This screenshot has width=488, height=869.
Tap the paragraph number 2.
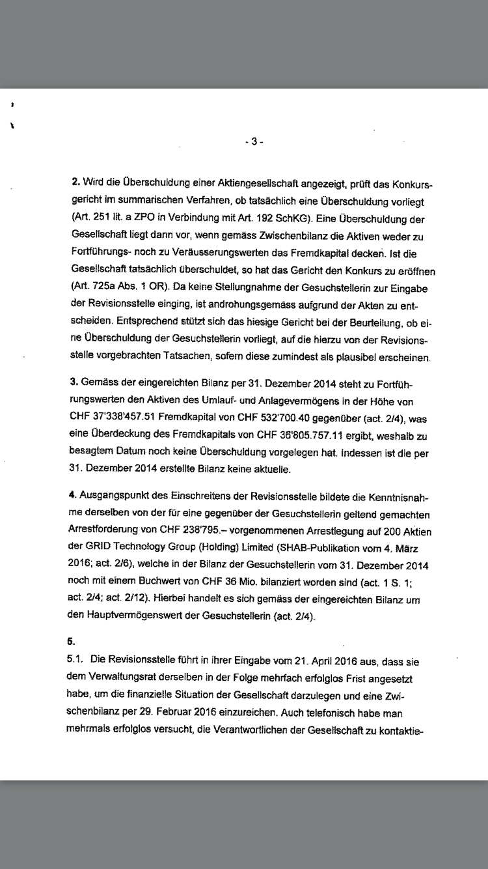(75, 180)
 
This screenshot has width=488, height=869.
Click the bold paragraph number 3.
(75, 380)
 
